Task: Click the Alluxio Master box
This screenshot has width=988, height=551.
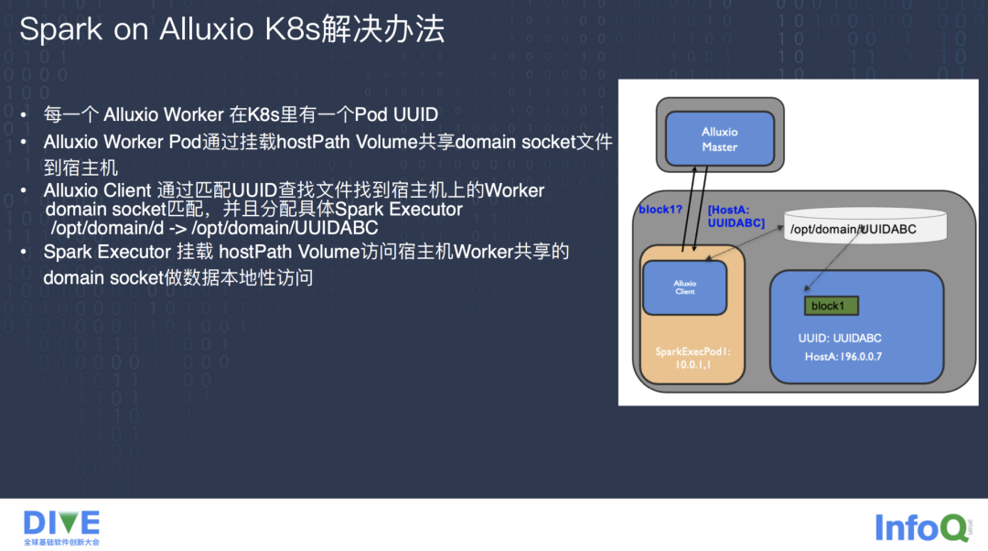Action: point(719,138)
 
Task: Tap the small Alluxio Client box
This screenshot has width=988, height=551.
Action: point(684,287)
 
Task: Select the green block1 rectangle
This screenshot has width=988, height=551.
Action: point(831,306)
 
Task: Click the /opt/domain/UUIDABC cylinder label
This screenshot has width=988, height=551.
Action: point(853,228)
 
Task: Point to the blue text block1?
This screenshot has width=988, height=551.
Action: point(660,210)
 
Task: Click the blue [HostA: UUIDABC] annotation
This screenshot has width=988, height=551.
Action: point(736,216)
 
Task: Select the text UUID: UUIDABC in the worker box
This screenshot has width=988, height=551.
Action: point(840,338)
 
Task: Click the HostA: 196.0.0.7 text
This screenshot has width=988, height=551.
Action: point(844,356)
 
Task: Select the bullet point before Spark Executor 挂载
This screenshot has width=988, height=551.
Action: point(25,252)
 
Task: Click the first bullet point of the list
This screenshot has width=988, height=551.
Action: point(25,116)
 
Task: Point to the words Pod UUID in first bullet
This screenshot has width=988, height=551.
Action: point(396,115)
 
